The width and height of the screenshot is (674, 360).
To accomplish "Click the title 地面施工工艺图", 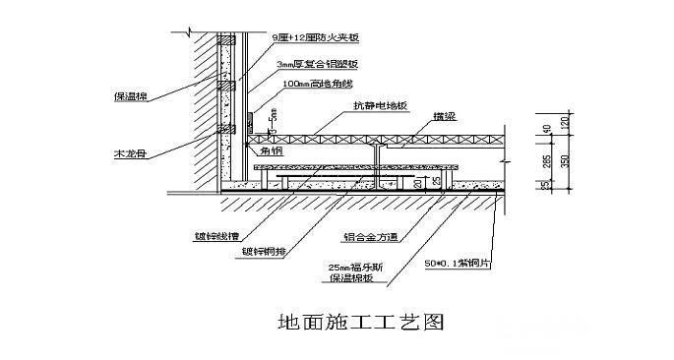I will click(x=341, y=322).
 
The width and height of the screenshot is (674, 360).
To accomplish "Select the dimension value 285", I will click(x=546, y=160).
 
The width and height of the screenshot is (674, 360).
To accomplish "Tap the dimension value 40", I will click(x=546, y=128).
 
